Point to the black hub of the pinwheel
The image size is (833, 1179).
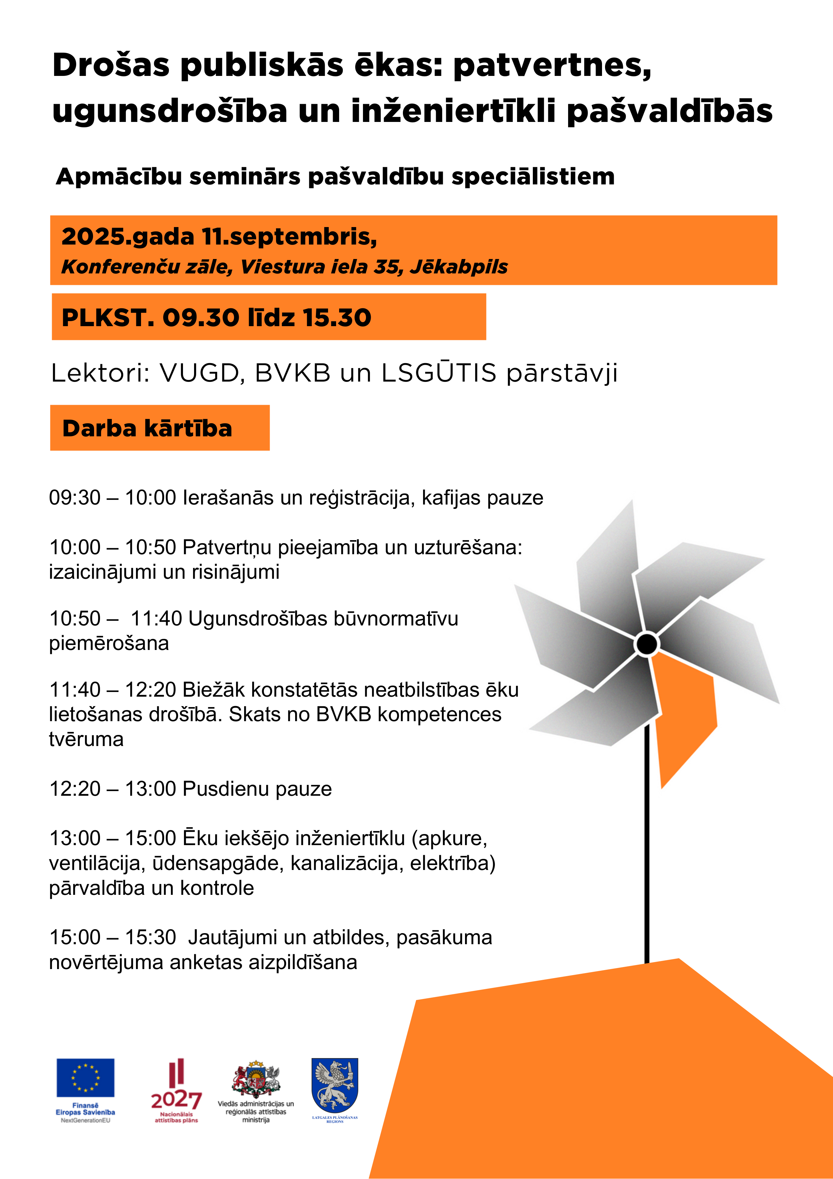[x=647, y=644]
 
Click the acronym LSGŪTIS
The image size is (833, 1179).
[x=439, y=373]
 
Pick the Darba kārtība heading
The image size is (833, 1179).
[x=147, y=428]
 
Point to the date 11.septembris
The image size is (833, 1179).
[x=289, y=237]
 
